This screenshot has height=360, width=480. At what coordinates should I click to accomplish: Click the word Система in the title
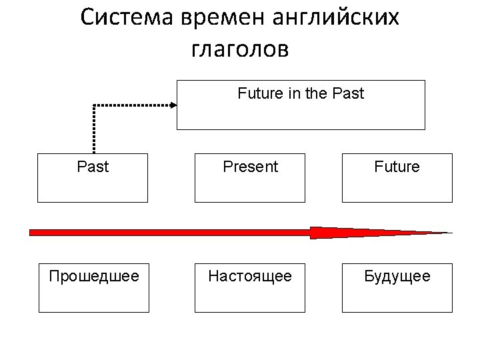[x=127, y=18]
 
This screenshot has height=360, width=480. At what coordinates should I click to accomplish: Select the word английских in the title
[x=337, y=18]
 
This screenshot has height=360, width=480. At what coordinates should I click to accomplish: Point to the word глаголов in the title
[x=240, y=49]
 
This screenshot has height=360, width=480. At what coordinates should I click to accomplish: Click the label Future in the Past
[x=301, y=94]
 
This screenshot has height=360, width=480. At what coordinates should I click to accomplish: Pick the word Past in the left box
[x=93, y=167]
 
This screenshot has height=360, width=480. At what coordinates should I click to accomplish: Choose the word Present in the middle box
[x=250, y=167]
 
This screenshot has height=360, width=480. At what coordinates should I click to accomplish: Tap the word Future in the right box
[x=397, y=167]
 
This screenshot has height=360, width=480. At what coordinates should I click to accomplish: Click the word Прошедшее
[x=94, y=276]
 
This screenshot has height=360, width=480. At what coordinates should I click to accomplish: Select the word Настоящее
[x=250, y=276]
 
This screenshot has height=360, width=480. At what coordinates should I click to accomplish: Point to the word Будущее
[x=397, y=276]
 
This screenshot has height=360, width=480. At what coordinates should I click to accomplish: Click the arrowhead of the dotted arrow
[x=173, y=105]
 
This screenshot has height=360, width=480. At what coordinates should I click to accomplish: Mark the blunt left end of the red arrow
[x=32, y=232]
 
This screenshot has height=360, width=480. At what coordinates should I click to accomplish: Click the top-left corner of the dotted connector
[x=94, y=105]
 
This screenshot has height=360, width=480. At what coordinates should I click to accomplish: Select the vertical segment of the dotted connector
[x=94, y=130]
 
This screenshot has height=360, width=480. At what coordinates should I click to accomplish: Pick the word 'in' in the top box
[x=293, y=94]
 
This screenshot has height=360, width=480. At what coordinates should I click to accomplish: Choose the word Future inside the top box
[x=261, y=94]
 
